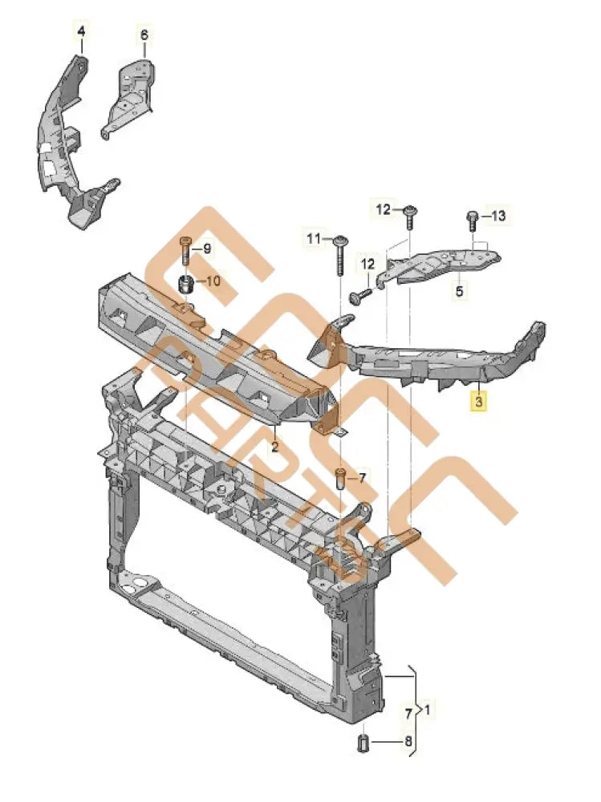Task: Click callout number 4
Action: tap(80, 31)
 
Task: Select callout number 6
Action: tap(144, 34)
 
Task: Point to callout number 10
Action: tap(213, 281)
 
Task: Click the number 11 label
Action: tap(313, 238)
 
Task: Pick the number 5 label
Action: tap(459, 291)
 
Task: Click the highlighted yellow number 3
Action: tap(478, 402)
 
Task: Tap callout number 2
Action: tap(274, 446)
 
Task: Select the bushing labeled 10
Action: tap(185, 283)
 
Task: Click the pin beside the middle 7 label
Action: tap(340, 479)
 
